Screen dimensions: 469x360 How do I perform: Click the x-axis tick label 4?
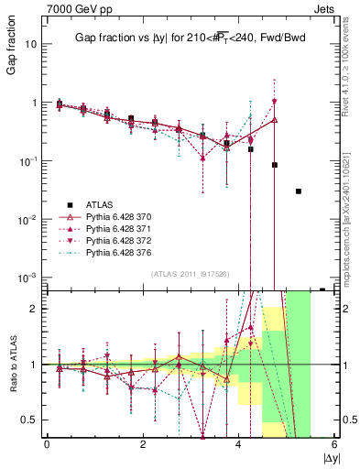[x=239, y=444]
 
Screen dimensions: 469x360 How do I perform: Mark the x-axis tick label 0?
[x=47, y=444]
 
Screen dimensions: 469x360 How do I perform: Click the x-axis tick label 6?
[x=334, y=444]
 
